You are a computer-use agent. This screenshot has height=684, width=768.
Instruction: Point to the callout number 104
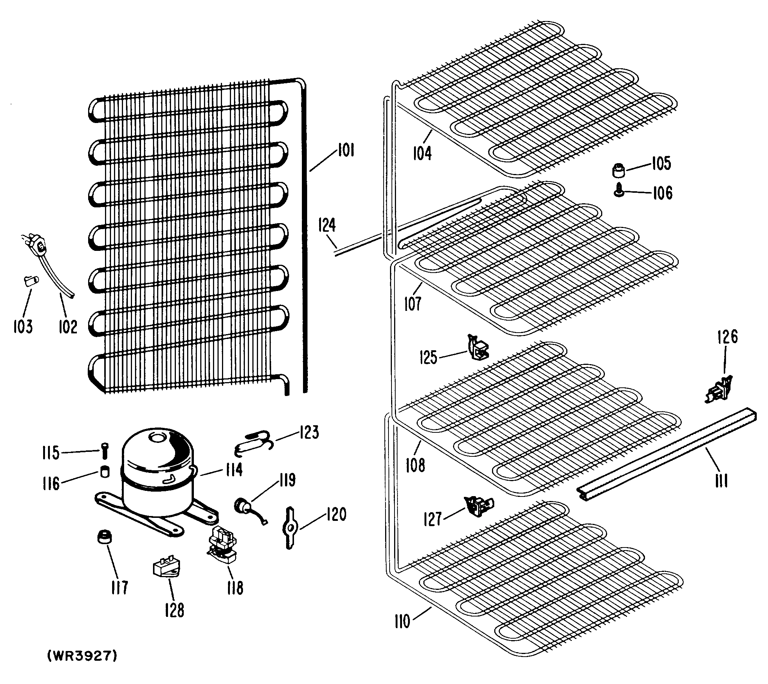422,153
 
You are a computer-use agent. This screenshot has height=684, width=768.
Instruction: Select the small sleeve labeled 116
105,471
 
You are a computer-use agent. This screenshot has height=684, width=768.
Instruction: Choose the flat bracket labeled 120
290,528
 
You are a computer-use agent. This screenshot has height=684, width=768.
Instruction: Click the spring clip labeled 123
253,442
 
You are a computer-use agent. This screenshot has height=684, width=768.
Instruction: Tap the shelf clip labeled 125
477,348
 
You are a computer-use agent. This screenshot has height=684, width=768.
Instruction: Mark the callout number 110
402,621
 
